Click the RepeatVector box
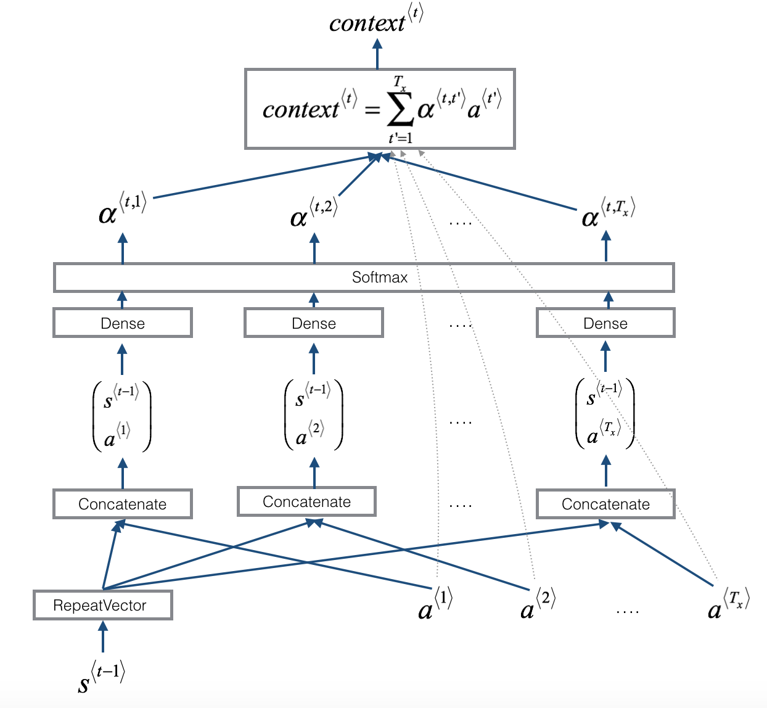102,605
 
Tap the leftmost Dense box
122,323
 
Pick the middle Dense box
313,323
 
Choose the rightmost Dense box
605,323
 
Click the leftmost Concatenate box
122,504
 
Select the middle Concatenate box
306,501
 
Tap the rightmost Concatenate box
605,504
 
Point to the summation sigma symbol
400,111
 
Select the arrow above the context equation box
377,54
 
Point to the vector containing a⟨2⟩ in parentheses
313,414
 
